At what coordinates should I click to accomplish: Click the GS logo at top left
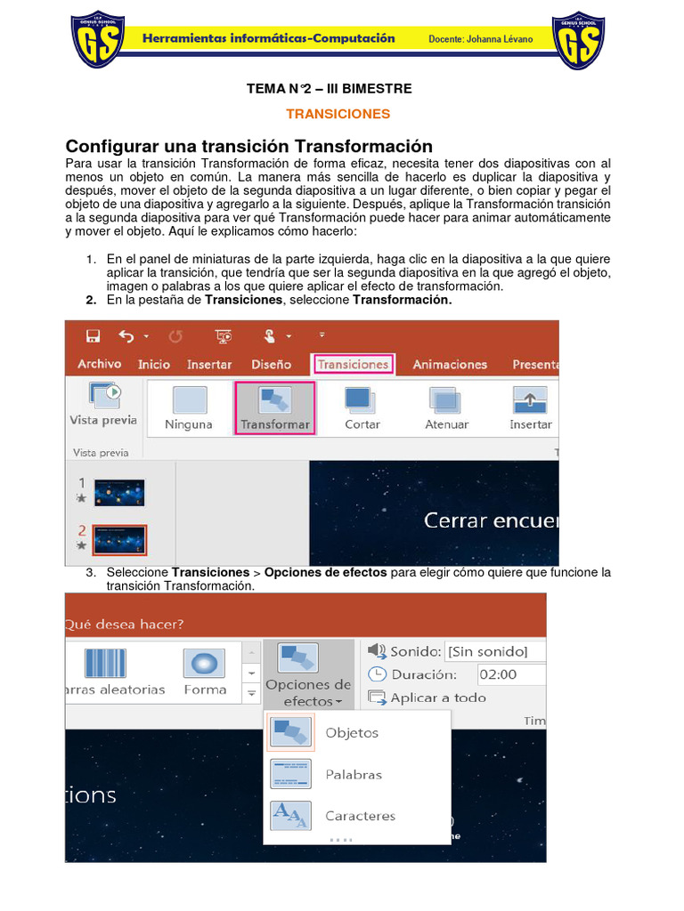coord(97,40)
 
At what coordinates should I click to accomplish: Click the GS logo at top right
coord(579,40)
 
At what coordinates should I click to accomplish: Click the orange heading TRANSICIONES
coord(338,114)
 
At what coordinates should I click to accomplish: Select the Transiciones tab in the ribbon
coord(353,364)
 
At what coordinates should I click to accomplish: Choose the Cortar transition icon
coord(362,400)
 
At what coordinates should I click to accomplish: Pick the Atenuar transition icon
coord(445,400)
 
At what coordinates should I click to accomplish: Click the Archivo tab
coord(99,364)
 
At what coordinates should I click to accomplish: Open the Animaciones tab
coord(450,364)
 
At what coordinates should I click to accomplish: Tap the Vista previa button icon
coord(103,394)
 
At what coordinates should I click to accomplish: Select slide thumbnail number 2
coord(119,539)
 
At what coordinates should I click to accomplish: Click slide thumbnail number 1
coord(119,492)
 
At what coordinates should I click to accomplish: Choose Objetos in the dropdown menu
coord(351,733)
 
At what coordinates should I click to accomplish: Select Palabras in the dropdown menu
coord(353,774)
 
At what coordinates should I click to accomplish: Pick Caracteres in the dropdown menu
coord(360,816)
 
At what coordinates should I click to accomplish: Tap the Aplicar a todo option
coord(437,697)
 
